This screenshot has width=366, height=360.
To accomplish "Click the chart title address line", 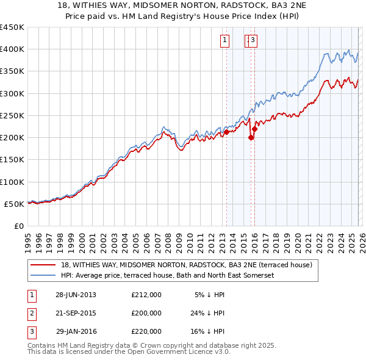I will pyautogui.click(x=183, y=5).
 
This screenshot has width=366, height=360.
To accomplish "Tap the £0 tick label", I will pyautogui.click(x=19, y=226).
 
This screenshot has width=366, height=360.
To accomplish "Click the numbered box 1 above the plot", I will pyautogui.click(x=224, y=41).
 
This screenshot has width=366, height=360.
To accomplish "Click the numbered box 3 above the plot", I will pyautogui.click(x=253, y=41).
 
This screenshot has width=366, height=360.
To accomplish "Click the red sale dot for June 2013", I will pyautogui.click(x=226, y=132).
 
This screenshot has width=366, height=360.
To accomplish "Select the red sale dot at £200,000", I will pyautogui.click(x=251, y=137).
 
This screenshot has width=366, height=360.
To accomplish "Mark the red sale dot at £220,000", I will pyautogui.click(x=254, y=129).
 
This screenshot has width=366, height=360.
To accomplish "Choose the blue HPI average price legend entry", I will pyautogui.click(x=168, y=275).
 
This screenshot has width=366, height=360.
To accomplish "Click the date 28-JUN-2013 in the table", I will pyautogui.click(x=76, y=295).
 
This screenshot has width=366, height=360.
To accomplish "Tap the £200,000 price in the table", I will pyautogui.click(x=146, y=313).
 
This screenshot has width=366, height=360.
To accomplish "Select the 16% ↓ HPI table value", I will pyautogui.click(x=207, y=331).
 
